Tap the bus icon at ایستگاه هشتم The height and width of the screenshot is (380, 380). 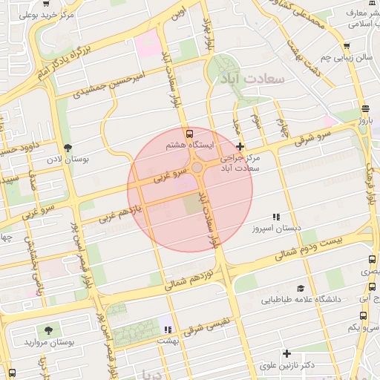point(190,134)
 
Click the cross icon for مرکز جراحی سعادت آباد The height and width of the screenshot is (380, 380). point(240,148)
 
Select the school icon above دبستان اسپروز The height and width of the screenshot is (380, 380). point(276,217)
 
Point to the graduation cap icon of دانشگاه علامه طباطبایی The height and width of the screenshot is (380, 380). point(301,288)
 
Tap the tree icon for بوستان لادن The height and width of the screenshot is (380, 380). point(69,148)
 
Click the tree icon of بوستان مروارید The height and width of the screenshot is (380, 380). point(49,330)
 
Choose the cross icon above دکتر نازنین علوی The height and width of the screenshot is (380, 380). point(286,353)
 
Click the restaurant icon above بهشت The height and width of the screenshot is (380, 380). point(168,329)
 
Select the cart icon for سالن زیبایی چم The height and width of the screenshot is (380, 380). point(346,46)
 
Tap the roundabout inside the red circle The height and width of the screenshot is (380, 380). point(197,168)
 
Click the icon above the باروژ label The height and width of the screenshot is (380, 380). point(363,108)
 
